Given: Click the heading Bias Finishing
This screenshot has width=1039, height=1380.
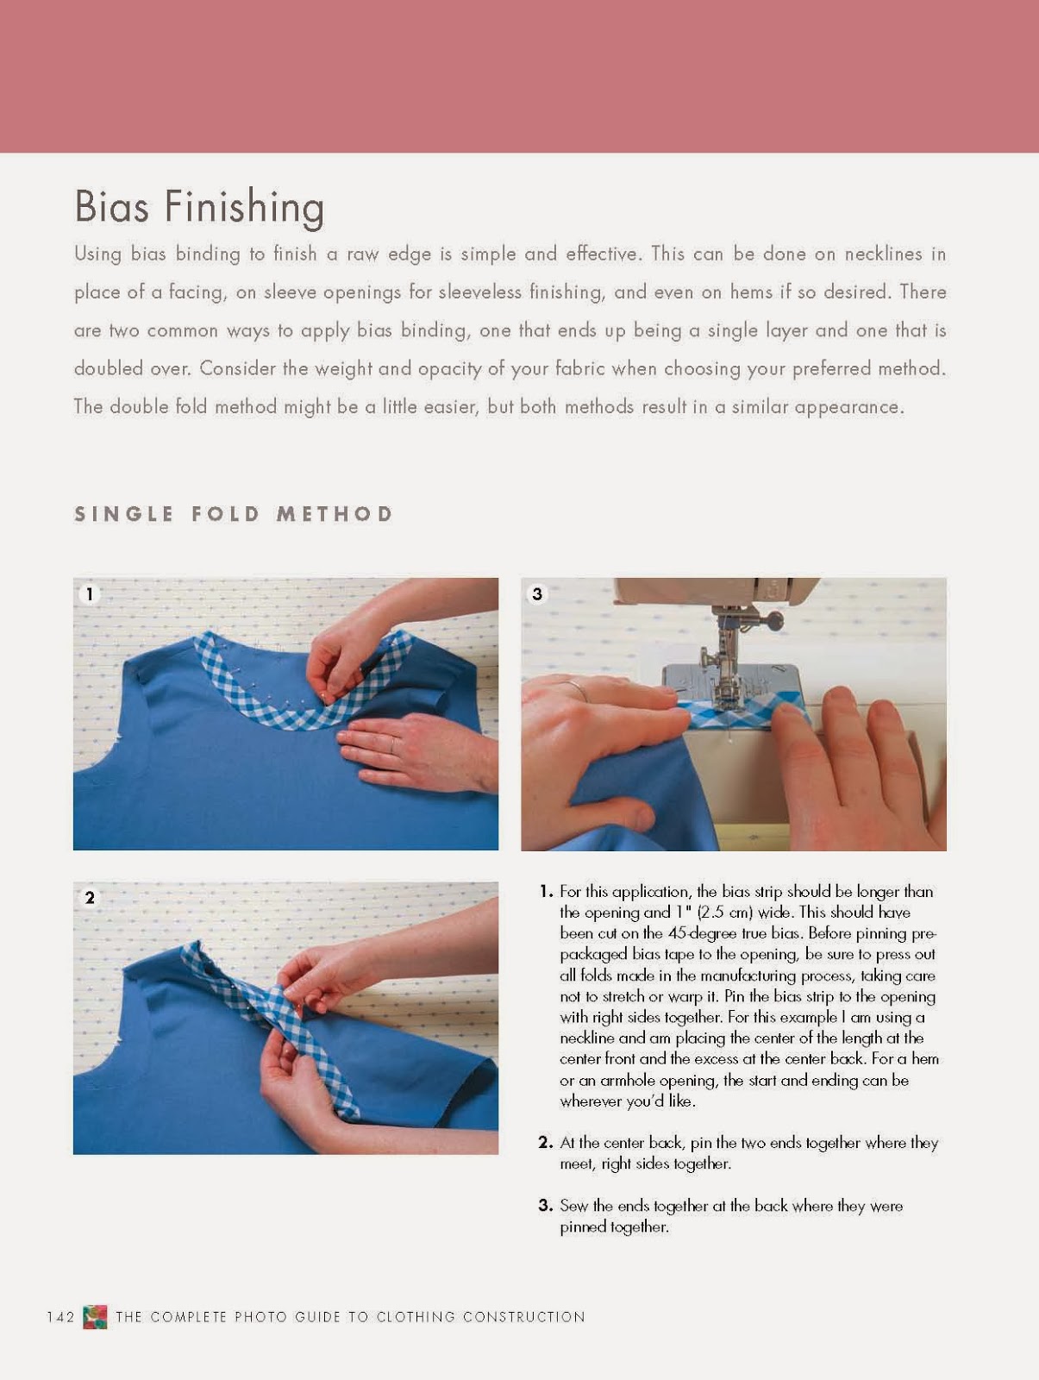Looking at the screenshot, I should (199, 207).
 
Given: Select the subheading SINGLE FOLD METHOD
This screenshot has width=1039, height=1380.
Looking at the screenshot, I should (234, 514).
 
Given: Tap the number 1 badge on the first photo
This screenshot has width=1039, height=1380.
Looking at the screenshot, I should (90, 593).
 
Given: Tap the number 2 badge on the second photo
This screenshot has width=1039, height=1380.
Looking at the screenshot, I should (90, 898).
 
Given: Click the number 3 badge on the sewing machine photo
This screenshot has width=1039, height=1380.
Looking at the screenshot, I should (537, 593).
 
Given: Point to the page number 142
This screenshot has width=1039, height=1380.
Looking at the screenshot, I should (61, 1317).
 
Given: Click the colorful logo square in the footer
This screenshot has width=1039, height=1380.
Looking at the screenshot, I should (95, 1317).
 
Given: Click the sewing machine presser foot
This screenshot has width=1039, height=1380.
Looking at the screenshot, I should (723, 681).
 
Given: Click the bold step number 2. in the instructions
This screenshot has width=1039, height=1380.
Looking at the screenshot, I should (546, 1143).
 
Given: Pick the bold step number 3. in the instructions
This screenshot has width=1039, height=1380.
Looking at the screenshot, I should (546, 1206).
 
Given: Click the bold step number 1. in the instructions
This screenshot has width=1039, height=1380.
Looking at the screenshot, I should (546, 892).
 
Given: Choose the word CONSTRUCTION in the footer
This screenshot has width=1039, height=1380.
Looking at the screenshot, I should (524, 1317).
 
